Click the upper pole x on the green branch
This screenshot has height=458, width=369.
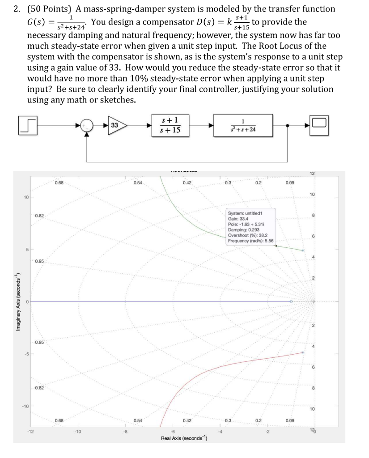coord(303,251)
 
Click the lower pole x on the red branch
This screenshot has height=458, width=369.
coord(303,353)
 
